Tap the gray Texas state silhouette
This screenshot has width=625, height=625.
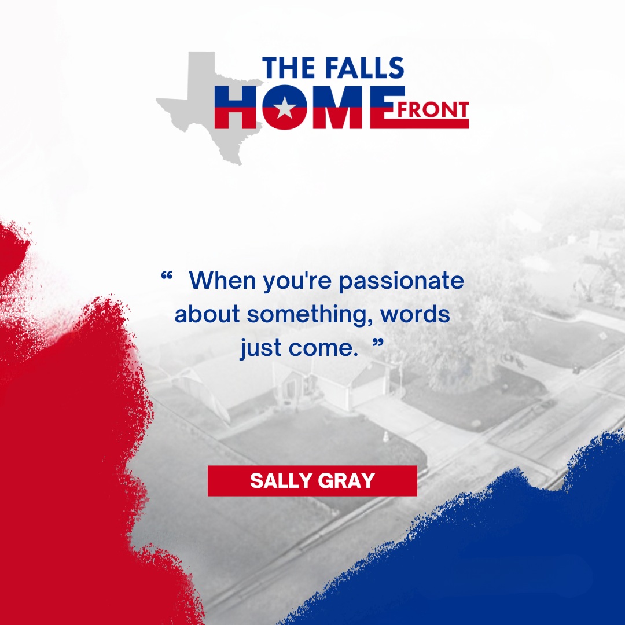(199, 104)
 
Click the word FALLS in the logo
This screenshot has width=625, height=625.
(365, 68)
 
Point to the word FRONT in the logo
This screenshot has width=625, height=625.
(433, 111)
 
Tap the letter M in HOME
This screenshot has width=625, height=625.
(337, 107)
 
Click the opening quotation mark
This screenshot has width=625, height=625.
(167, 275)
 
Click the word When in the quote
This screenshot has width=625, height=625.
(222, 280)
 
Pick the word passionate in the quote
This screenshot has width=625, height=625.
(402, 281)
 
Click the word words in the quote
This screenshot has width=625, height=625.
(416, 314)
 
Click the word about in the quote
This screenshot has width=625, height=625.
(207, 314)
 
